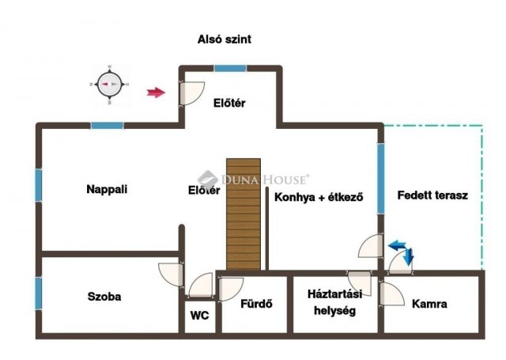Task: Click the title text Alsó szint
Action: tap(224, 39)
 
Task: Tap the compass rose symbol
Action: tap(108, 84)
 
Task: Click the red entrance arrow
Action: tap(157, 93)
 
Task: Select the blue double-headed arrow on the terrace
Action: tap(402, 250)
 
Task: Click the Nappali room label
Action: tap(107, 189)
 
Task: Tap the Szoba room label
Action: tap(104, 297)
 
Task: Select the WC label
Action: tap(200, 315)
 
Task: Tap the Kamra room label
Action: tap(430, 304)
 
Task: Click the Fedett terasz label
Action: tap(432, 195)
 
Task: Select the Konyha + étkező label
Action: tap(319, 198)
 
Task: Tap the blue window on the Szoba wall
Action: tap(37, 294)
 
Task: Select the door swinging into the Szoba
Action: tap(172, 275)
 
